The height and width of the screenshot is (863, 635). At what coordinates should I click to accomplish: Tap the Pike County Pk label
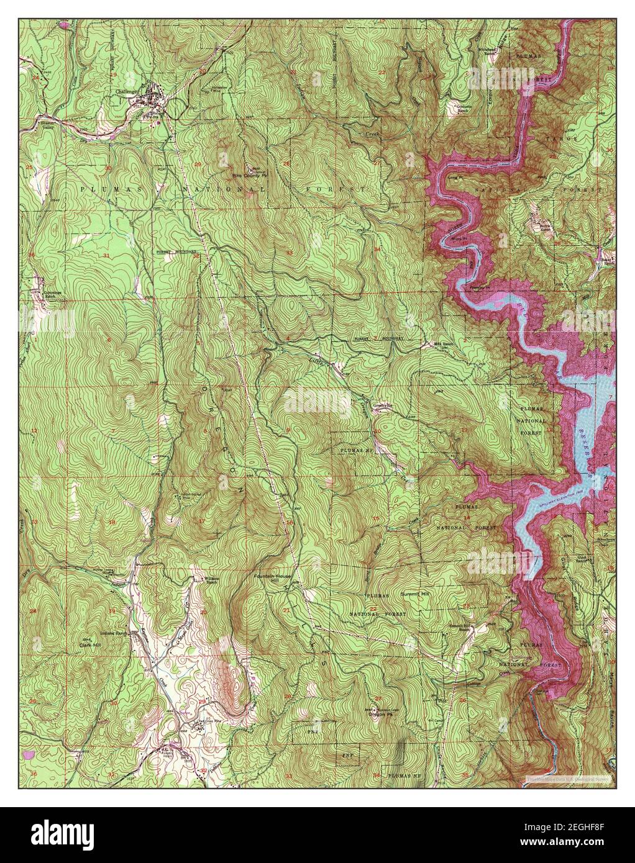coord(252,176)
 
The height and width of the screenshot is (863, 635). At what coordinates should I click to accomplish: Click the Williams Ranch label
coord(213,581)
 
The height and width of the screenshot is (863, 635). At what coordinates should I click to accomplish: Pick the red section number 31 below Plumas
coord(106,256)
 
